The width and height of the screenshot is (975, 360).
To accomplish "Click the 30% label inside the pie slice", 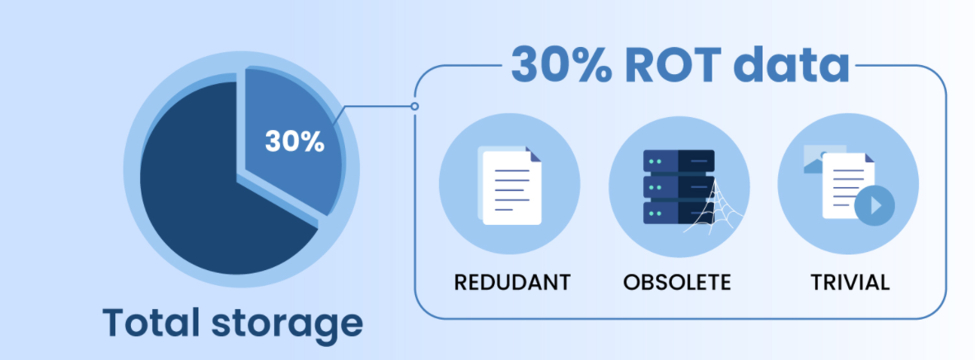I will point(294,141).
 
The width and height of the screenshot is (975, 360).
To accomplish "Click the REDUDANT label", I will point(512,282).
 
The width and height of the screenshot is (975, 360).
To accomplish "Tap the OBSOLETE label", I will point(677,282).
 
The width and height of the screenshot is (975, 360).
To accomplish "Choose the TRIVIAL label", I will point(850,282).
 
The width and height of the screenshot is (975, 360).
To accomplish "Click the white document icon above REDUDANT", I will point(511,188).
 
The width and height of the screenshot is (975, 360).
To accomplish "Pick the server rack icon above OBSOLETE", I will point(678,188).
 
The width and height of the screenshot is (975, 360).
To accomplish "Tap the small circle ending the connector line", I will point(414,106).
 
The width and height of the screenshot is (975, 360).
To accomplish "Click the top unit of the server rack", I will point(678,161).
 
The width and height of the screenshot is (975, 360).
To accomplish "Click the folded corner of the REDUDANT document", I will point(534,155).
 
